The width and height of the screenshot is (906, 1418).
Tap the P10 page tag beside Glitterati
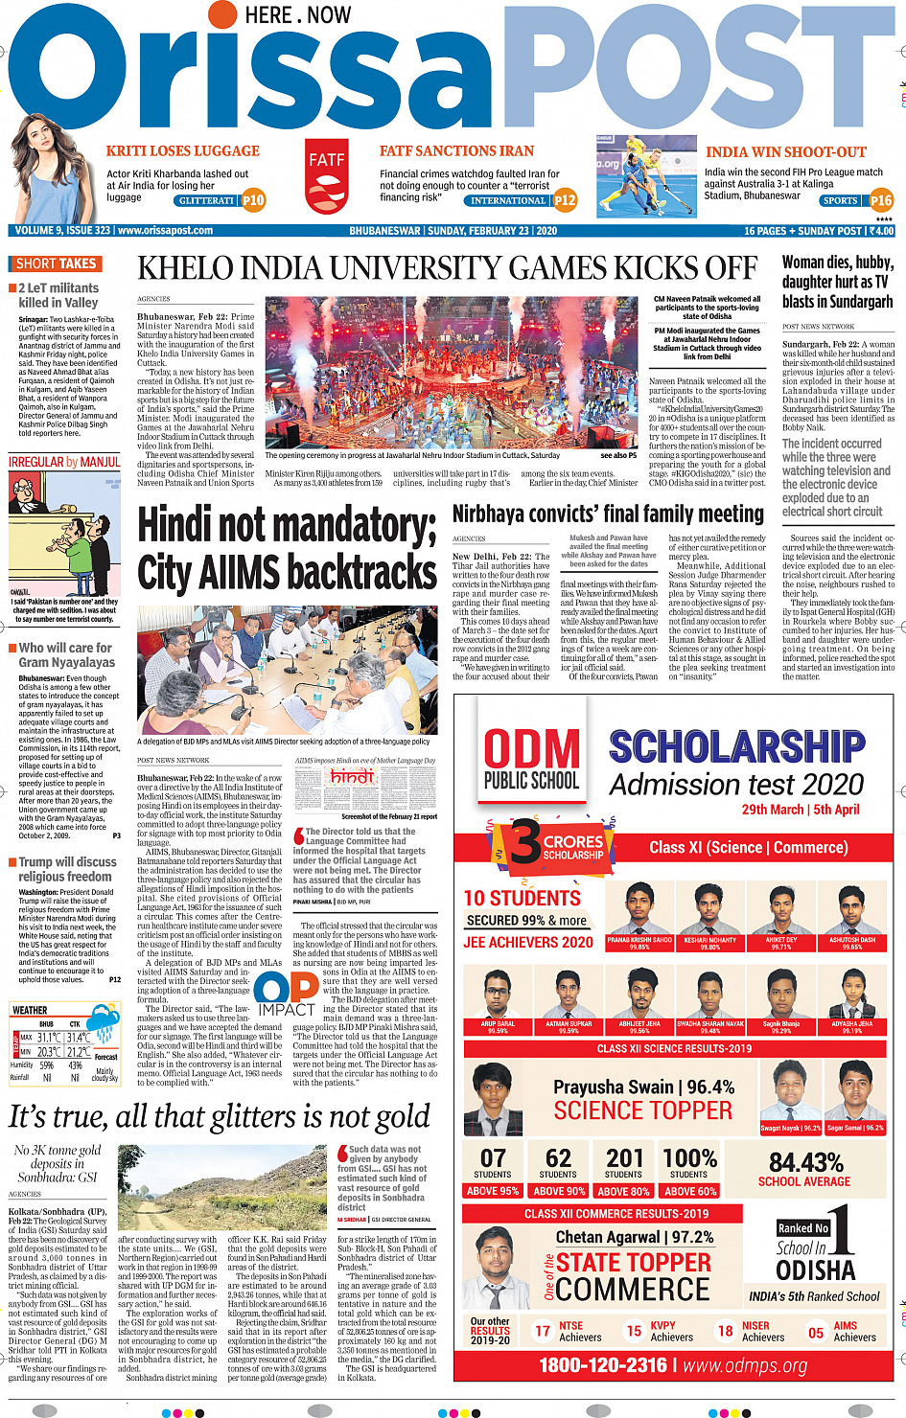click(253, 200)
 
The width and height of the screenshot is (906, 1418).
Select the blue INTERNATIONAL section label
click(507, 201)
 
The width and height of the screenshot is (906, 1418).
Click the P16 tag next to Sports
click(881, 200)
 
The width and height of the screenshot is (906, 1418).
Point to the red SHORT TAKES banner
click(56, 263)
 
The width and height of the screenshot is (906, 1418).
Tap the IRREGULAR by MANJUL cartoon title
click(64, 462)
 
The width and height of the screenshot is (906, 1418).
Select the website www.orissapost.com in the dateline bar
click(165, 231)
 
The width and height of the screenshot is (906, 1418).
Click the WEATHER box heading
click(30, 1010)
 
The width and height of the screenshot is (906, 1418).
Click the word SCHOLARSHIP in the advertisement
click(736, 746)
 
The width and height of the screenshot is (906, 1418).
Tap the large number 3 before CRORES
click(524, 842)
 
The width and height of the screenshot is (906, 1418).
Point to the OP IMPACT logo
click(287, 993)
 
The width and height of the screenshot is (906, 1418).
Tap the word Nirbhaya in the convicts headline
click(502, 515)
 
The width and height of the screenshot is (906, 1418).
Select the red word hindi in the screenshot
click(352, 777)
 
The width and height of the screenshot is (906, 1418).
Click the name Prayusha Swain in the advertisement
click(614, 1087)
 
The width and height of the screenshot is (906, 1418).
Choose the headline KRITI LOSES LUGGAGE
click(182, 150)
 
